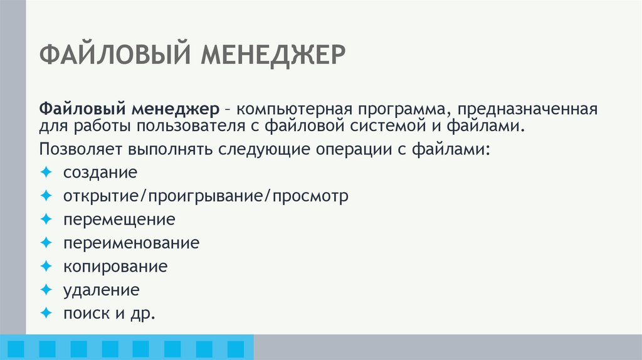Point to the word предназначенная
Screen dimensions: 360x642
click(527, 110)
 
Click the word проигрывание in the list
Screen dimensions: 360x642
click(210, 196)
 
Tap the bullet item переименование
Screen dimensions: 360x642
click(131, 243)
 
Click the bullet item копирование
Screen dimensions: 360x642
click(115, 267)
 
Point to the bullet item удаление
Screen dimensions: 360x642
click(101, 290)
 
